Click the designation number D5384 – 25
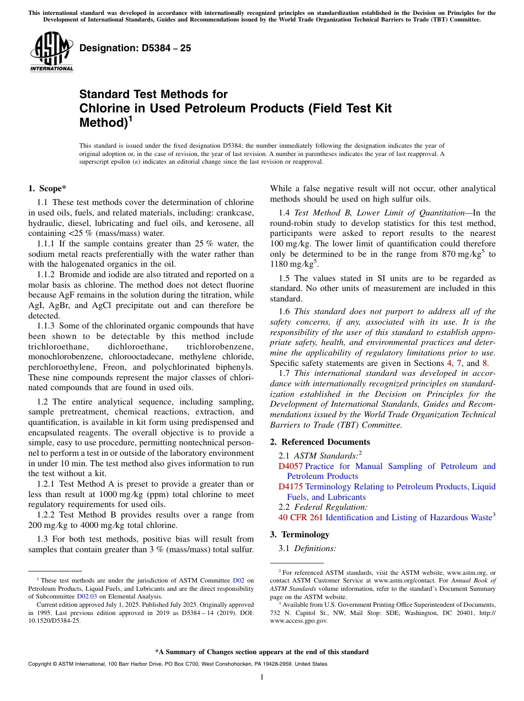click(135, 48)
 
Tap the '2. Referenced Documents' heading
click(320, 442)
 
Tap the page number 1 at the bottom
click(262, 677)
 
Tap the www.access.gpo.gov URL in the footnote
click(298, 621)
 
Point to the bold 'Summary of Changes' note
click(262, 652)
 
